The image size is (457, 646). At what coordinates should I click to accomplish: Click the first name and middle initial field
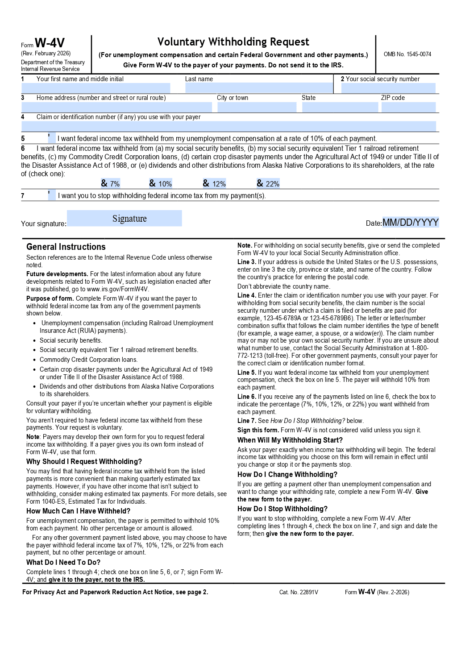pos(96,88)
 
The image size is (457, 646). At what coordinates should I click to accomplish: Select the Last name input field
pos(259,88)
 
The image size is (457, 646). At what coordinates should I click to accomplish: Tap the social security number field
pos(388,88)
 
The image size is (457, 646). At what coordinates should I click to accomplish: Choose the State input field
pos(340,107)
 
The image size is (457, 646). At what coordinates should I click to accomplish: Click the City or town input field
pos(257,107)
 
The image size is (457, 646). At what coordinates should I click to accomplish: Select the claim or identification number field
pos(228,126)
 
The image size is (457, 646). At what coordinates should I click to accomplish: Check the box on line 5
pos(52,138)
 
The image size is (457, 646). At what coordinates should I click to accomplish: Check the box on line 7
pos(52,195)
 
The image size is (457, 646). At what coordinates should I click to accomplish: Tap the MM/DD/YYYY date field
pos(411,222)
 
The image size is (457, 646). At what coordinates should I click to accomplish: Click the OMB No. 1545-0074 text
pos(407,54)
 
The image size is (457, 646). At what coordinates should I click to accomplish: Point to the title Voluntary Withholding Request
pos(233,42)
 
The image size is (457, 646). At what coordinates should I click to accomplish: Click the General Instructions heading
pos(66,247)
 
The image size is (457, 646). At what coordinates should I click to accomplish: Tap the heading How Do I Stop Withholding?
pos(283,509)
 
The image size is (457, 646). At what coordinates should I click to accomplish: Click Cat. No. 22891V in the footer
pos(299,592)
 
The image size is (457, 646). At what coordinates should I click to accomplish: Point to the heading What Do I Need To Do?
pos(63,563)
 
